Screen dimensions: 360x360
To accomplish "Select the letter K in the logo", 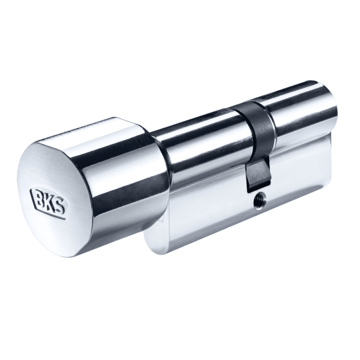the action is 49,199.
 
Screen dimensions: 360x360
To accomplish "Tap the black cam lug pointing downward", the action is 257,171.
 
